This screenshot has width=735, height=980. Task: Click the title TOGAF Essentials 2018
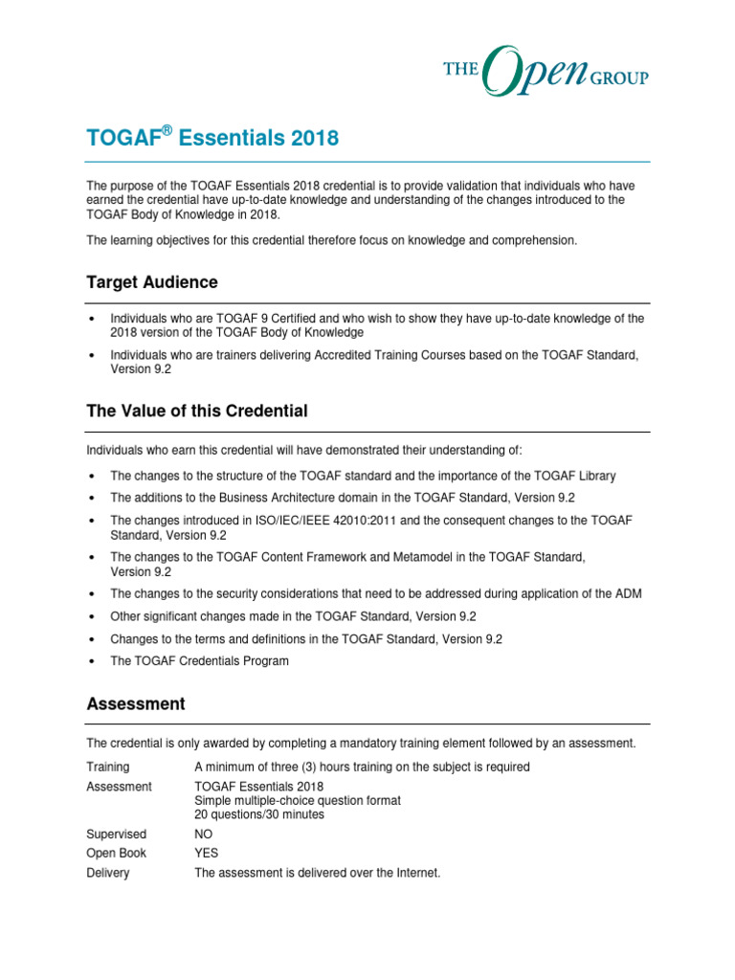click(212, 139)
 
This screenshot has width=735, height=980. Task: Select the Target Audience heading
click(152, 282)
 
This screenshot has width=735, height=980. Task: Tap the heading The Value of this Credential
click(197, 411)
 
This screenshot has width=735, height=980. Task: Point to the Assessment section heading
click(136, 703)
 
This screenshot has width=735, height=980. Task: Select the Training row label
click(108, 767)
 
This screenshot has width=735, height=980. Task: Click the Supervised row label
click(117, 835)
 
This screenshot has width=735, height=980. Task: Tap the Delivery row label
click(108, 873)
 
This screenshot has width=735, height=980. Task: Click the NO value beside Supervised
click(204, 835)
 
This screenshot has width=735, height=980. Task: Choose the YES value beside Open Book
click(207, 854)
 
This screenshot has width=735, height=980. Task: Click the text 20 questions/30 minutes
click(259, 814)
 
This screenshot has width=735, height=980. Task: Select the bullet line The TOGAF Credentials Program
click(199, 660)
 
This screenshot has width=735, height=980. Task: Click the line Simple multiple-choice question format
click(298, 800)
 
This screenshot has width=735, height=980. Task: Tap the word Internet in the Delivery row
click(415, 873)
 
